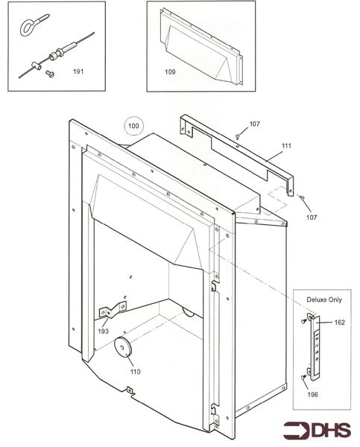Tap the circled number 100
coord(133,126)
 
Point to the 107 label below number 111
coord(310,217)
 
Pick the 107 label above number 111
coord(254,123)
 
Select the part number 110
coord(134,370)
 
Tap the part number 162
coord(339,323)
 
